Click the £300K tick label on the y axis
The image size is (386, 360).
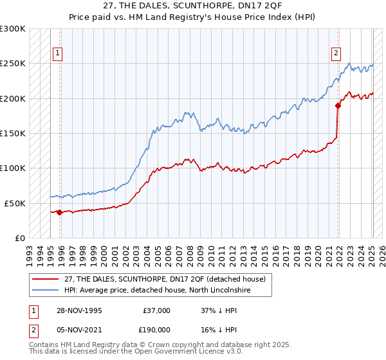point(13,29)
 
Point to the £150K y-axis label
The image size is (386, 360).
point(13,133)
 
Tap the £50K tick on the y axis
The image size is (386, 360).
point(15,203)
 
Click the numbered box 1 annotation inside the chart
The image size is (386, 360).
point(58,53)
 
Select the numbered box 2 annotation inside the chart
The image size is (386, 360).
point(336,53)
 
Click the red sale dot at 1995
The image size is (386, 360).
point(59,212)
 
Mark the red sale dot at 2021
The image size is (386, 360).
point(338,105)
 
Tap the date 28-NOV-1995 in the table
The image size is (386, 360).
point(79,310)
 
